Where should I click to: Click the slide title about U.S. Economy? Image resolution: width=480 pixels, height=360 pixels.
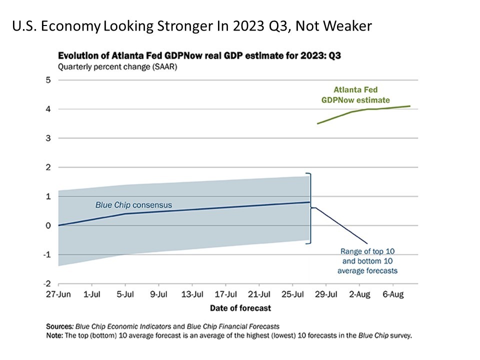[192, 26]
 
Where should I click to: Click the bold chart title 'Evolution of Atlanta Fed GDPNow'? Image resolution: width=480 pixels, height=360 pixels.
[199, 56]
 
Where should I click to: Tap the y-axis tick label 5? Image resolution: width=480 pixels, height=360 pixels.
[48, 80]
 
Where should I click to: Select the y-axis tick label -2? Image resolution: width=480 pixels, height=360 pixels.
[47, 284]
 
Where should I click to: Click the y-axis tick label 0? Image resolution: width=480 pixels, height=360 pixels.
[48, 225]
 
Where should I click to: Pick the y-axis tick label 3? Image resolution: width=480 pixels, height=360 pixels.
[48, 138]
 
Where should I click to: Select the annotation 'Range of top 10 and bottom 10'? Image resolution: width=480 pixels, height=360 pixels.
[367, 260]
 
